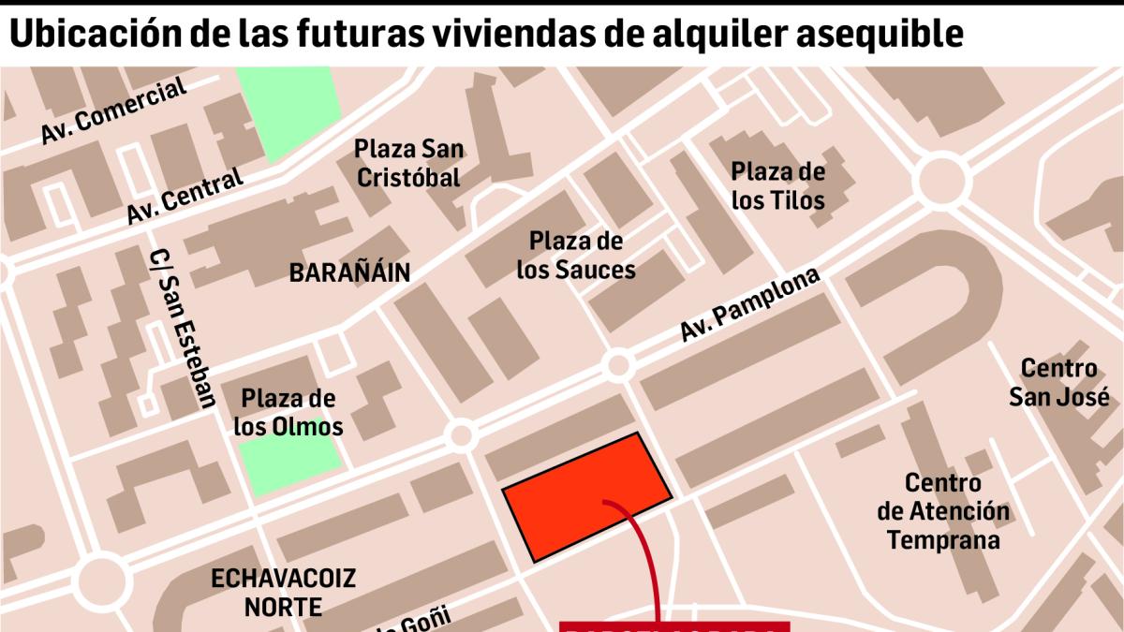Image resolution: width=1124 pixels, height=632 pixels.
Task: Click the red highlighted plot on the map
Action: pos(587,496)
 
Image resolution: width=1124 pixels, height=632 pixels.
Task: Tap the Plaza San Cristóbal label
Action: pos(408,163)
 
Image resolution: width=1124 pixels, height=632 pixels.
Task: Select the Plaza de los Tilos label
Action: pos(777,185)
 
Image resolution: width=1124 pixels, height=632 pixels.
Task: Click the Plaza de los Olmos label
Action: pos(288,412)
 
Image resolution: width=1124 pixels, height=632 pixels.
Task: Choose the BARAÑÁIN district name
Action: pos(349,272)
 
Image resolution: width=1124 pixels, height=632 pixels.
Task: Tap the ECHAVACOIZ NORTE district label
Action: pos(283,592)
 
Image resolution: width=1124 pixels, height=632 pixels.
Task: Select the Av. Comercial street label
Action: pos(114,111)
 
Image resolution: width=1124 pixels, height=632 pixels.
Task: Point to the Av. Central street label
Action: pos(185,195)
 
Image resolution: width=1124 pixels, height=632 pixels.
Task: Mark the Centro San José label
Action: pos(1058,382)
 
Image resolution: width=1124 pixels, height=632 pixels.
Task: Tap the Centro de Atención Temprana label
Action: pos(943,511)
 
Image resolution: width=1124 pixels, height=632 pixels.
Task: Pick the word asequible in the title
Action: pos(870,34)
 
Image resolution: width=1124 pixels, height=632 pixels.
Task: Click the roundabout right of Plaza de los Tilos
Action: pos(943,182)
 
